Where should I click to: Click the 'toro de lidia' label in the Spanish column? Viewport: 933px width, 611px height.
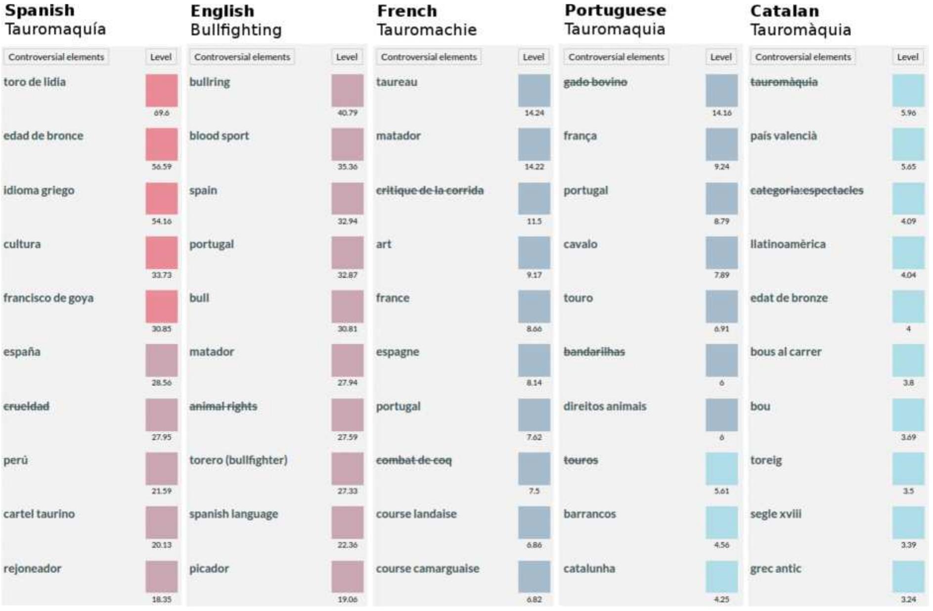coord(35,82)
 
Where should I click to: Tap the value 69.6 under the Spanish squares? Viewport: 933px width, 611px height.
coord(161,113)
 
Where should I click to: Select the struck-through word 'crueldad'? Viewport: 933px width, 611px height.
coord(26,406)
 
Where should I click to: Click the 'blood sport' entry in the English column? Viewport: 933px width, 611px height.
coord(219,136)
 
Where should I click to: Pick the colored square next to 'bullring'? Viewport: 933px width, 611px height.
coord(347,91)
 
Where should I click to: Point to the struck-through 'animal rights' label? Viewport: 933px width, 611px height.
coord(223,406)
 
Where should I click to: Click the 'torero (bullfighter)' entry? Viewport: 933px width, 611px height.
coord(238,460)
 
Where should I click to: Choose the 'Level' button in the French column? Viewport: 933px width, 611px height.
coord(533,57)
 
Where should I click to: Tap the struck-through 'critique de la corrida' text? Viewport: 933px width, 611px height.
coord(429,190)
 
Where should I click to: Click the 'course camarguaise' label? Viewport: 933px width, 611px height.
coord(427,568)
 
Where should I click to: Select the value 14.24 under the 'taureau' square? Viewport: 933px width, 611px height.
coord(534,113)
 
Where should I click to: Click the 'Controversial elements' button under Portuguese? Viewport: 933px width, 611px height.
coord(616,57)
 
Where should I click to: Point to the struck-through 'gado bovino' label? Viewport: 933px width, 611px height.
coord(595,82)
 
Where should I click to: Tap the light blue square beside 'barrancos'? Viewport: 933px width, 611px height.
coord(721,522)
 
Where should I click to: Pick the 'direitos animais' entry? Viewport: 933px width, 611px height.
coord(604,406)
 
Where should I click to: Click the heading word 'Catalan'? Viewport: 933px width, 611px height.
coord(784,11)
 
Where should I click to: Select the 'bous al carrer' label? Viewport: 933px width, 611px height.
coord(785,352)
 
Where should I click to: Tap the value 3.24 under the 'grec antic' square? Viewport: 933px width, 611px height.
coord(908,599)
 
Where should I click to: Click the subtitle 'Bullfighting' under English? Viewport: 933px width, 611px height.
coord(236,30)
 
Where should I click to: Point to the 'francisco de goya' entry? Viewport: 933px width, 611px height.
coord(48,298)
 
